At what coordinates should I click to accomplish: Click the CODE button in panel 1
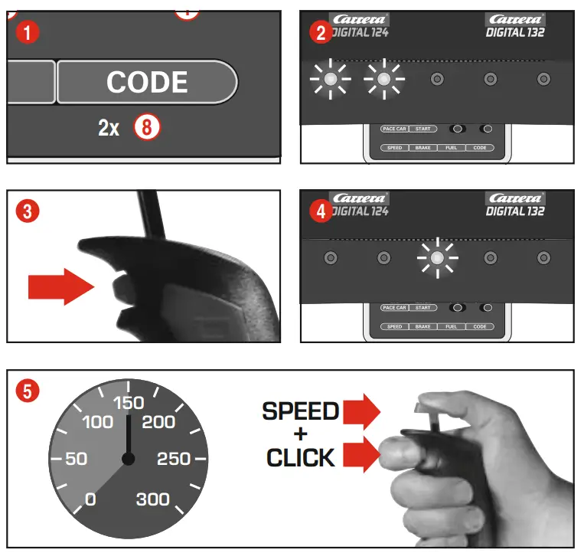(146, 82)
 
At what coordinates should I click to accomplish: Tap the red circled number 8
(146, 127)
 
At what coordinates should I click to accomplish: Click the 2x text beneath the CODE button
(109, 128)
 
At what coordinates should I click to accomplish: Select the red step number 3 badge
(28, 211)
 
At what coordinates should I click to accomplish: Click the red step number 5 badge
(28, 391)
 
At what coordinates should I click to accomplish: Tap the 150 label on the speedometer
(128, 404)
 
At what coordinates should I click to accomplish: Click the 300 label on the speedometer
(152, 500)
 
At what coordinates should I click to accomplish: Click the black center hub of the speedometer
(129, 459)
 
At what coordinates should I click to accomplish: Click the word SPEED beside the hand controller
(300, 411)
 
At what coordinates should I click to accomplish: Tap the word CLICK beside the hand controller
(300, 458)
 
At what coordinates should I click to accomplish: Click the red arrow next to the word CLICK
(362, 457)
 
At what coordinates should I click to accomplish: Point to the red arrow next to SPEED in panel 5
(362, 411)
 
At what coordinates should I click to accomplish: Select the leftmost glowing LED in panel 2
(330, 79)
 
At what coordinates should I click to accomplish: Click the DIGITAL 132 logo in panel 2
(515, 25)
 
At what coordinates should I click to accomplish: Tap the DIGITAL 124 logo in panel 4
(360, 205)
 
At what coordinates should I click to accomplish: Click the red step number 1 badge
(28, 33)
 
